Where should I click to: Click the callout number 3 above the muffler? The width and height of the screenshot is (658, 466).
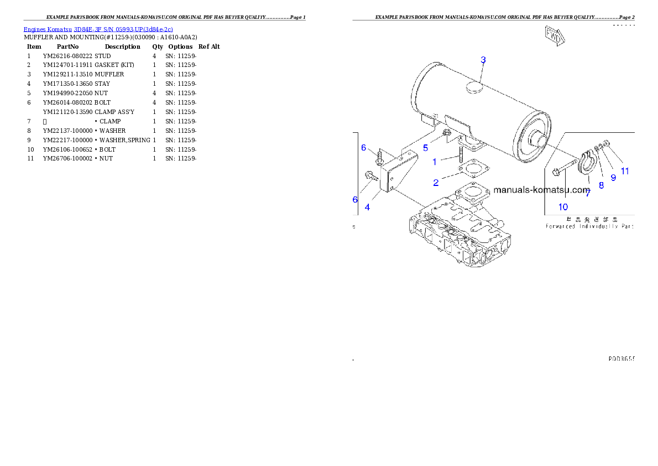tap(483, 60)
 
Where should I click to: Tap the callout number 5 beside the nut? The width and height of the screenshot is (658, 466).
tap(425, 148)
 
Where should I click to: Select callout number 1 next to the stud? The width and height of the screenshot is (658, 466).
tap(435, 162)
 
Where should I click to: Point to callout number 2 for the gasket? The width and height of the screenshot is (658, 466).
tap(436, 182)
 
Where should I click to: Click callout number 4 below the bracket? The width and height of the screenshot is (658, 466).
tap(367, 208)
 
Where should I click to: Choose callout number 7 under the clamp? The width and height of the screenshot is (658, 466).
tap(588, 194)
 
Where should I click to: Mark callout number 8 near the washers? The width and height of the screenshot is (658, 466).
tap(601, 185)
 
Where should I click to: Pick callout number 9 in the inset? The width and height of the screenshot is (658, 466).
tap(613, 178)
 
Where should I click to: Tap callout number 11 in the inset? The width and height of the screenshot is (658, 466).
tap(625, 171)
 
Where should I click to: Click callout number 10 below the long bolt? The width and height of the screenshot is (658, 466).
tap(562, 207)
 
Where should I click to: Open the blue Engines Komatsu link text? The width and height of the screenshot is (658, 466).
tap(98, 29)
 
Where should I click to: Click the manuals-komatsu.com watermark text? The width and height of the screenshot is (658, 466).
tap(541, 190)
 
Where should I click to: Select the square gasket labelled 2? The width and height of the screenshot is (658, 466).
tap(470, 169)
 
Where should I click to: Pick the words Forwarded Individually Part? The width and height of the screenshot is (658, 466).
tap(589, 226)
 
